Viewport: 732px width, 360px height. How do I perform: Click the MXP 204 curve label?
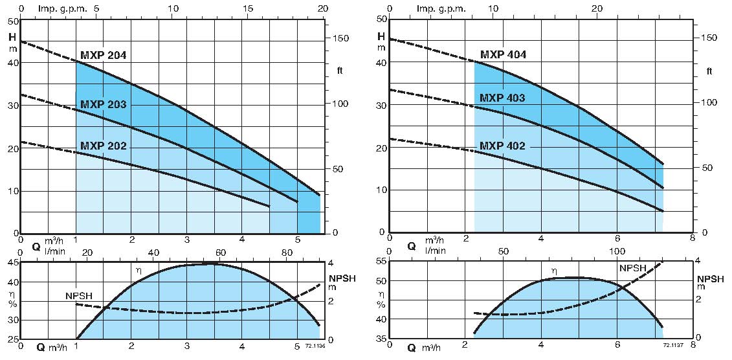(104, 55)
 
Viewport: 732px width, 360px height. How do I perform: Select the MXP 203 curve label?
(104, 104)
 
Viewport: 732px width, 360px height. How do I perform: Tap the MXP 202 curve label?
(104, 146)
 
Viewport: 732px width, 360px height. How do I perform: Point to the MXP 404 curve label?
(503, 55)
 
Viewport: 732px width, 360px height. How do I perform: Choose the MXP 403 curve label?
(502, 98)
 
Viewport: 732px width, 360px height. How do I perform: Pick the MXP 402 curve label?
(502, 146)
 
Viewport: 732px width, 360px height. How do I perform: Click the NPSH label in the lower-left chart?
(79, 296)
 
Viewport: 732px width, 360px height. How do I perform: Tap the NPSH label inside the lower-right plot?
(633, 268)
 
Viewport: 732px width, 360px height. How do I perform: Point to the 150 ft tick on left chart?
(340, 39)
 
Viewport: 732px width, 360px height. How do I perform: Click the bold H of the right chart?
(381, 36)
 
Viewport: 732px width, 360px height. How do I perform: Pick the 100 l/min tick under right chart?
(617, 251)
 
